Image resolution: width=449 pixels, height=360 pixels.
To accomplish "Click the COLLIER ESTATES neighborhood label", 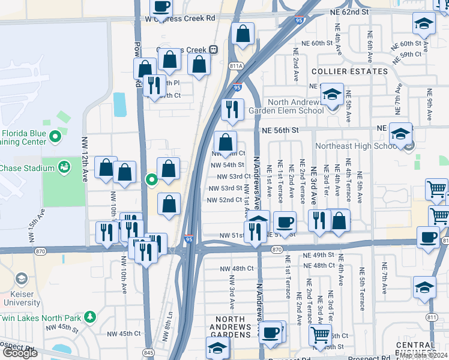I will pos(349,71).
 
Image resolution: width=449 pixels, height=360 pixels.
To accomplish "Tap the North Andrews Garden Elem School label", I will pos(295,106).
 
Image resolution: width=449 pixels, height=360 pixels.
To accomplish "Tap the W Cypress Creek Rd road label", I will pos(172,19).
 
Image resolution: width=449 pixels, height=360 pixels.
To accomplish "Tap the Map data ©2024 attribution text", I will pos(423,355).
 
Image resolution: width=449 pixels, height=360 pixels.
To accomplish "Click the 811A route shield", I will pos(235,66).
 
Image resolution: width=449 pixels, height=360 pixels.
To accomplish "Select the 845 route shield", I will pos(148,351).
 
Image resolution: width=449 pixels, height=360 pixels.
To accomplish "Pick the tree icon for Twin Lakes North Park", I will pos(90,316).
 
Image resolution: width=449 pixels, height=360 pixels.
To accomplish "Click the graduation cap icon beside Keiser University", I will pos(22,279).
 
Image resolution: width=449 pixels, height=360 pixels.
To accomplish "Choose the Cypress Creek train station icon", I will pos(212,50).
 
